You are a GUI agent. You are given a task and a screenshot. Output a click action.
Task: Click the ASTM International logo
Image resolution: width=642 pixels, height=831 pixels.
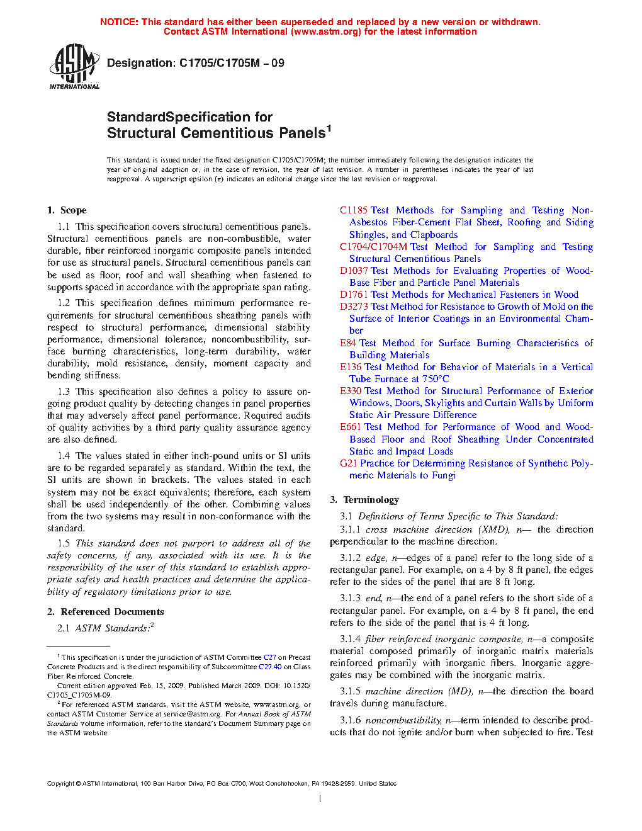[74, 66]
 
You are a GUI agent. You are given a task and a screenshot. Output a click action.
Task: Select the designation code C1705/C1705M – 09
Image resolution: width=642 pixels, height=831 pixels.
[232, 63]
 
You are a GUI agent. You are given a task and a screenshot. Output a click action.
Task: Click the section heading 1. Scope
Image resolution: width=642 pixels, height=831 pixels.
[67, 210]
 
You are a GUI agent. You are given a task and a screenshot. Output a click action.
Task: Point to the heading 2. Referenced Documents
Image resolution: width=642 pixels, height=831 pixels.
[106, 612]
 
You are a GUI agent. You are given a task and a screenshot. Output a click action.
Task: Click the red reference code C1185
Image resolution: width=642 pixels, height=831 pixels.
[354, 210]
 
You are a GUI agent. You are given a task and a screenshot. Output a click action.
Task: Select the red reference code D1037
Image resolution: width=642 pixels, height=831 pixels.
[354, 271]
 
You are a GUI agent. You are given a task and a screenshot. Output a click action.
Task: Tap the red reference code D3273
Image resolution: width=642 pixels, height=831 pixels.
[354, 307]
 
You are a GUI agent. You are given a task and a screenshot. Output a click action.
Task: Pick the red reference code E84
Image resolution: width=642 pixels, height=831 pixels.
[348, 343]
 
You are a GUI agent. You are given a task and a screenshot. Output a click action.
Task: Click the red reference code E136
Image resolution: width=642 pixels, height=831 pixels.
[351, 367]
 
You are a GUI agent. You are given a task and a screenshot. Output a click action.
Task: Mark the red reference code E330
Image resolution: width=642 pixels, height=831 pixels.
[351, 391]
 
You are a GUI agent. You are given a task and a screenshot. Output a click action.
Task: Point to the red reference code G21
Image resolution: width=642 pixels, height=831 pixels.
[348, 463]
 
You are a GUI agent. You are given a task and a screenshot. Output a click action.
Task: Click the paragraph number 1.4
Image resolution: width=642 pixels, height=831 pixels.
[64, 456]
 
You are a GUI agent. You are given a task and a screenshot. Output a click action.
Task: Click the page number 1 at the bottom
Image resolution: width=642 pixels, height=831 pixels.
[320, 799]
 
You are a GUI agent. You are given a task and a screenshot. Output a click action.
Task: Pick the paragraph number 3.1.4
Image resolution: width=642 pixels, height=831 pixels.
[351, 639]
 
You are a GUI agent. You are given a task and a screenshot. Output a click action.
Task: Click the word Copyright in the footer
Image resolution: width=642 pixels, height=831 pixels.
[60, 784]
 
